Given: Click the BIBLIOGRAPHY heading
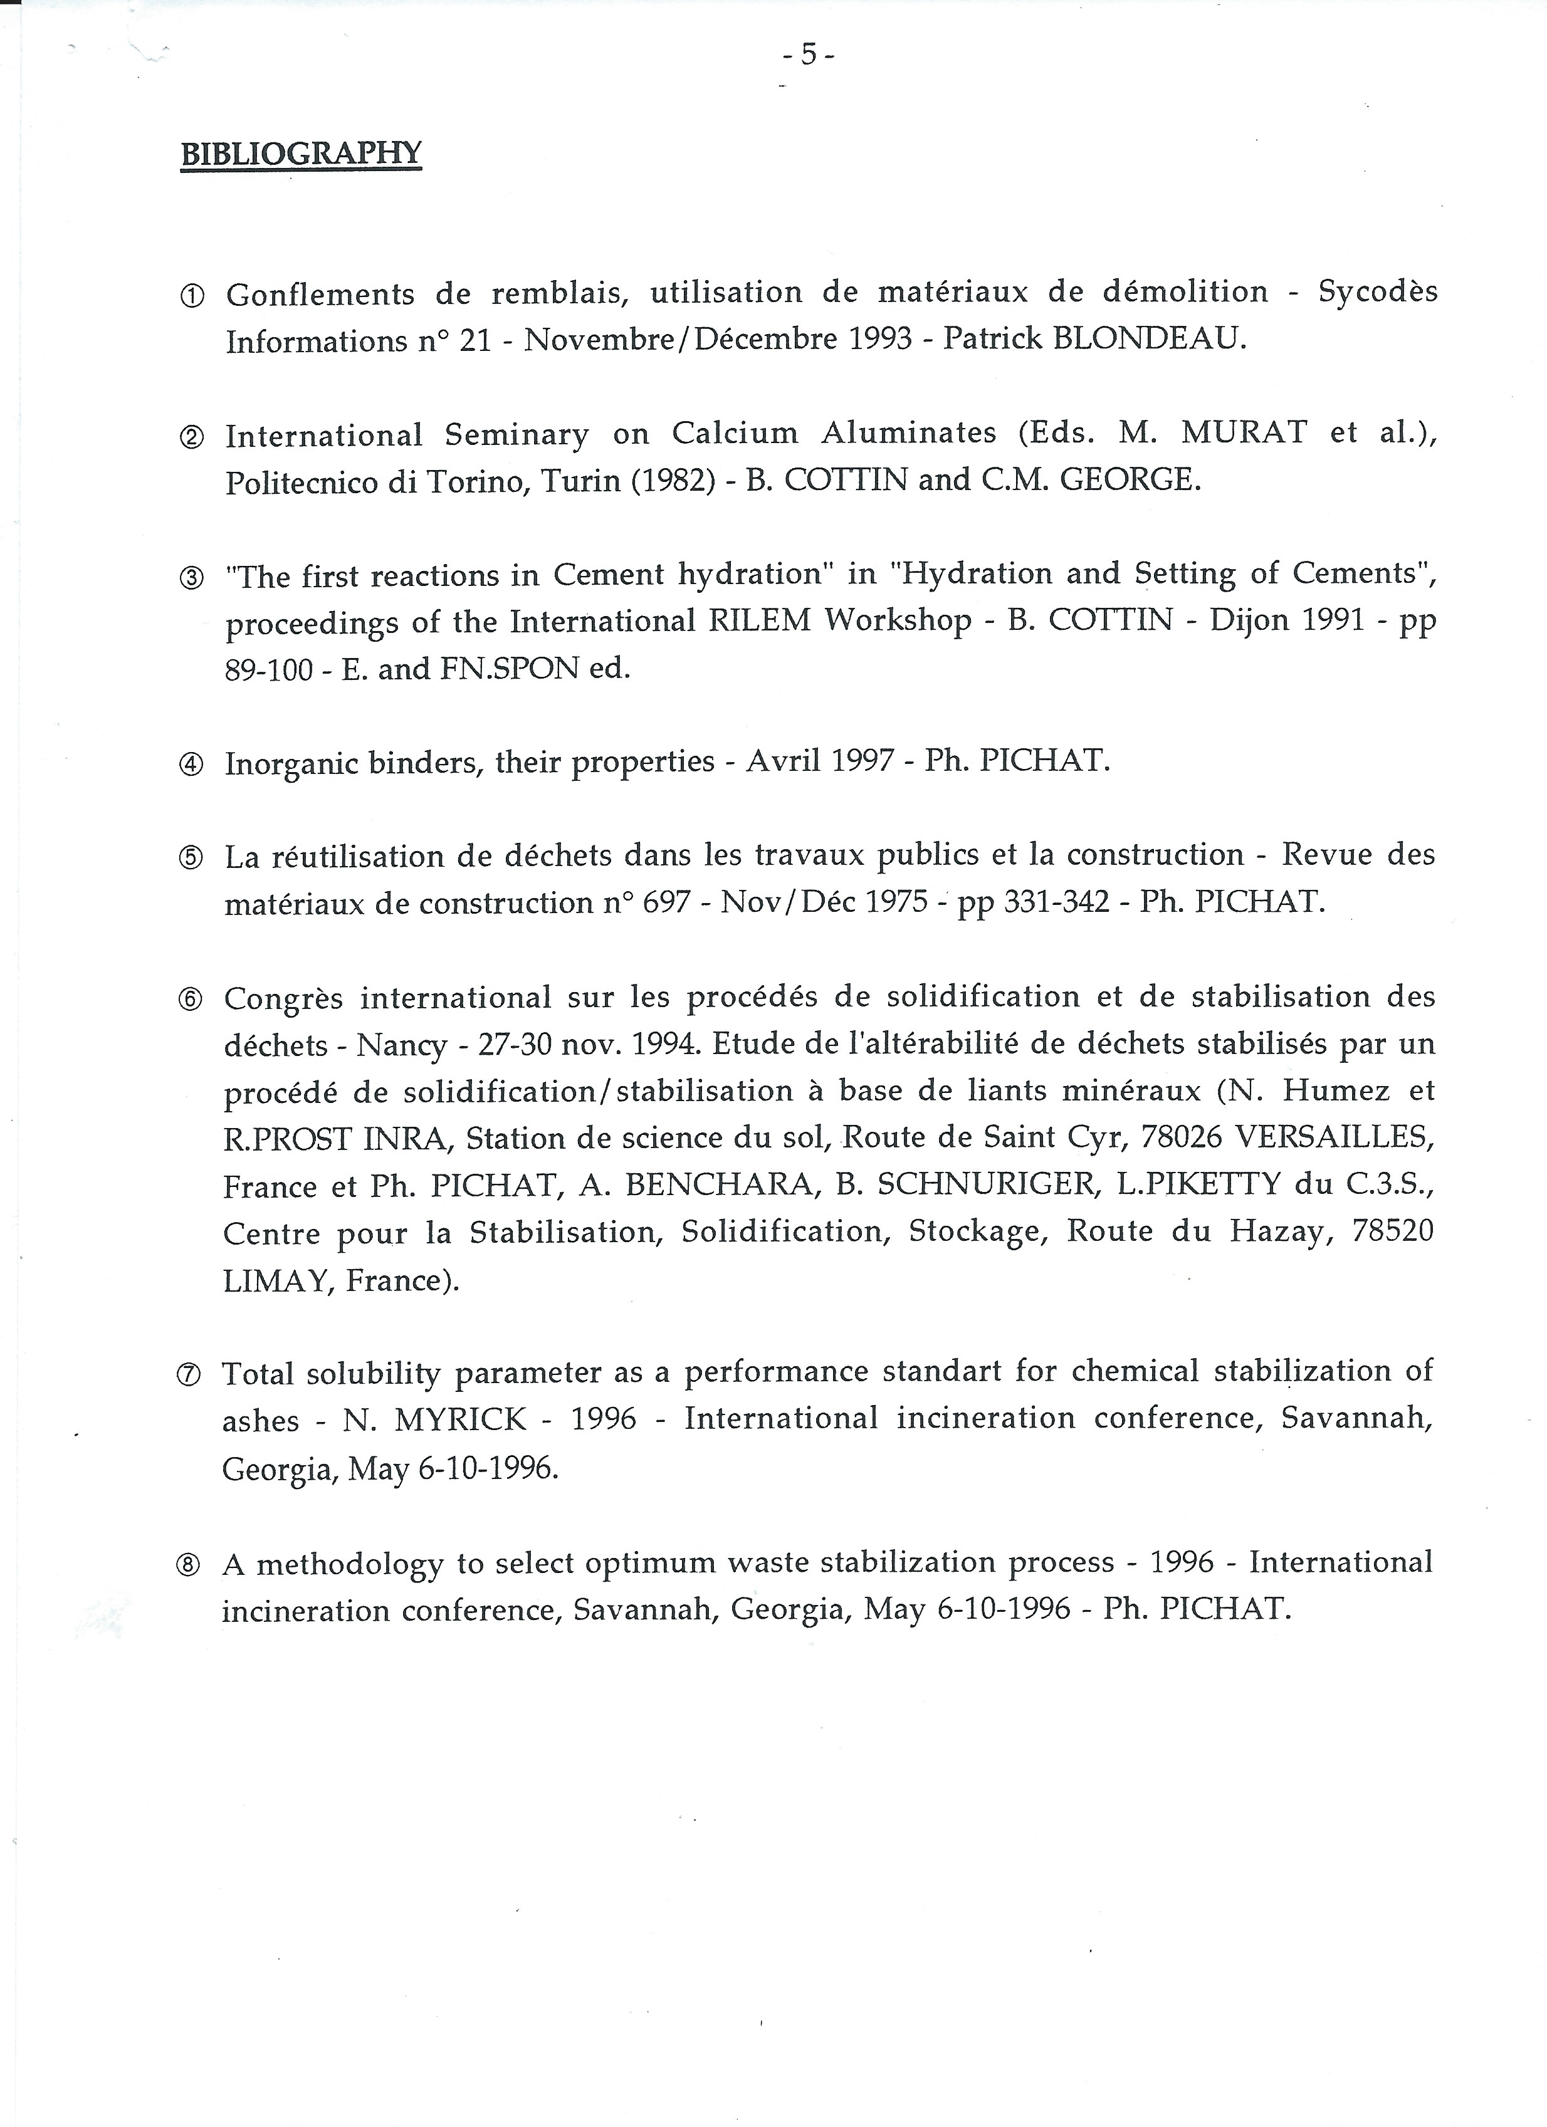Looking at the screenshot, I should [301, 153].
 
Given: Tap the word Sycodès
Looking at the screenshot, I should [1377, 291].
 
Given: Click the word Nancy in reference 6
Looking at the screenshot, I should [401, 1045].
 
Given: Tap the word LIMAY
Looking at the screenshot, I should [277, 1280].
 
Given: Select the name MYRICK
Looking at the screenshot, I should [461, 1420].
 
